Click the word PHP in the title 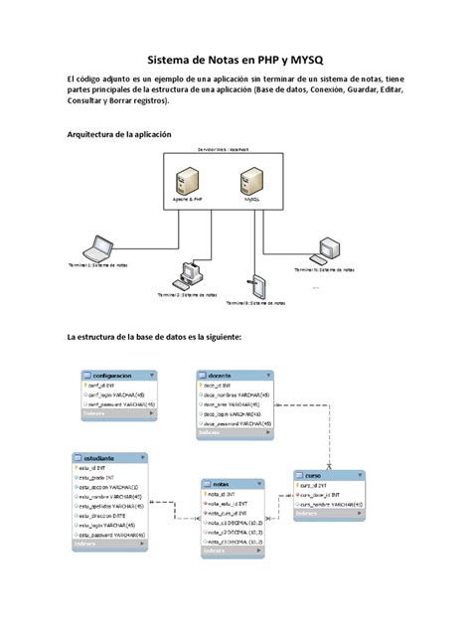point(257,60)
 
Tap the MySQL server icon point(244,181)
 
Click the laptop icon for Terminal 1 point(96,248)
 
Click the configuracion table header point(114,376)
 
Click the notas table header point(233,482)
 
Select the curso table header point(320,476)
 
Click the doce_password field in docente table point(238,424)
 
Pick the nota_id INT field point(224,494)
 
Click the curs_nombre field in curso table point(330,504)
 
